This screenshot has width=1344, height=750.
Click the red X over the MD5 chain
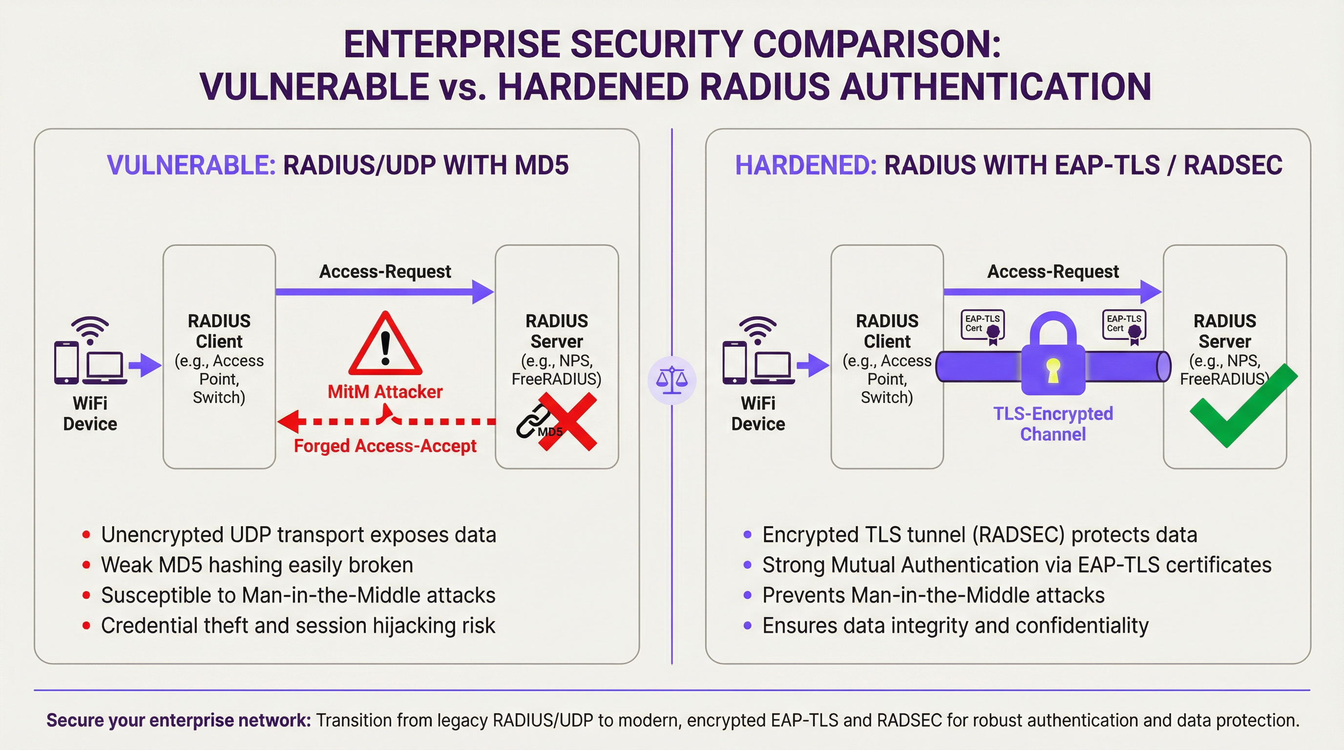coord(567,422)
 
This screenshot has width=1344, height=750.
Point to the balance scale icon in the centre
coord(672,380)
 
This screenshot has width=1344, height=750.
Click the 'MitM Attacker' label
coord(385,392)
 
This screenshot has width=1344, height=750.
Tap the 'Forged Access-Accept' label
coord(385,446)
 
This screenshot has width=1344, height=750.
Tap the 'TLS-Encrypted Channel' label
coord(1053,423)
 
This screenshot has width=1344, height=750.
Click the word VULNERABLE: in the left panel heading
coord(191,166)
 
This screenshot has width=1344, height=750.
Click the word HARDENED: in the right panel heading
coord(805,166)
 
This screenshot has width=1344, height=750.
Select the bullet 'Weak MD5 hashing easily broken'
coord(257,565)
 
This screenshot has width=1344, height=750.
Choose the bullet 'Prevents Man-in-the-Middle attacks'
coord(933,595)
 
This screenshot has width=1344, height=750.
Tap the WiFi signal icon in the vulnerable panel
coord(90,329)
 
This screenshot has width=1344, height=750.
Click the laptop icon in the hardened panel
coord(772,368)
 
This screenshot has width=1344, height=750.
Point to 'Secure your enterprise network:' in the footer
coord(178,720)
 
